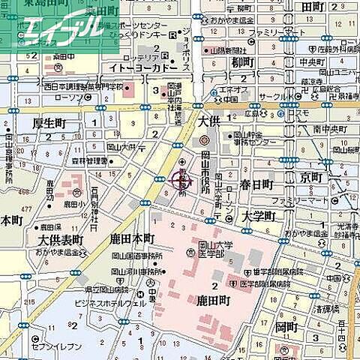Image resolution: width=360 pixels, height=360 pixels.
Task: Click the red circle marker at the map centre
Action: pyautogui.click(x=181, y=179)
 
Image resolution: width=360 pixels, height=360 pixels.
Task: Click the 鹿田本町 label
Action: pyautogui.click(x=131, y=238)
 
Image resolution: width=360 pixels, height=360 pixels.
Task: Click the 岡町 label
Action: pyautogui.click(x=286, y=328)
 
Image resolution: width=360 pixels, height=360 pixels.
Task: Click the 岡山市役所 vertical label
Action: pyautogui.click(x=204, y=173)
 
